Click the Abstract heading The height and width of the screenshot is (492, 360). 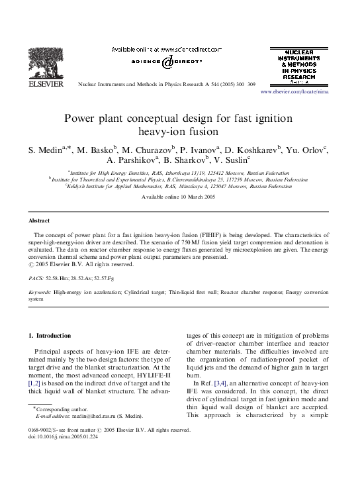click(39, 220)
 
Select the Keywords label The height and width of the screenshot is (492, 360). click(40, 291)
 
